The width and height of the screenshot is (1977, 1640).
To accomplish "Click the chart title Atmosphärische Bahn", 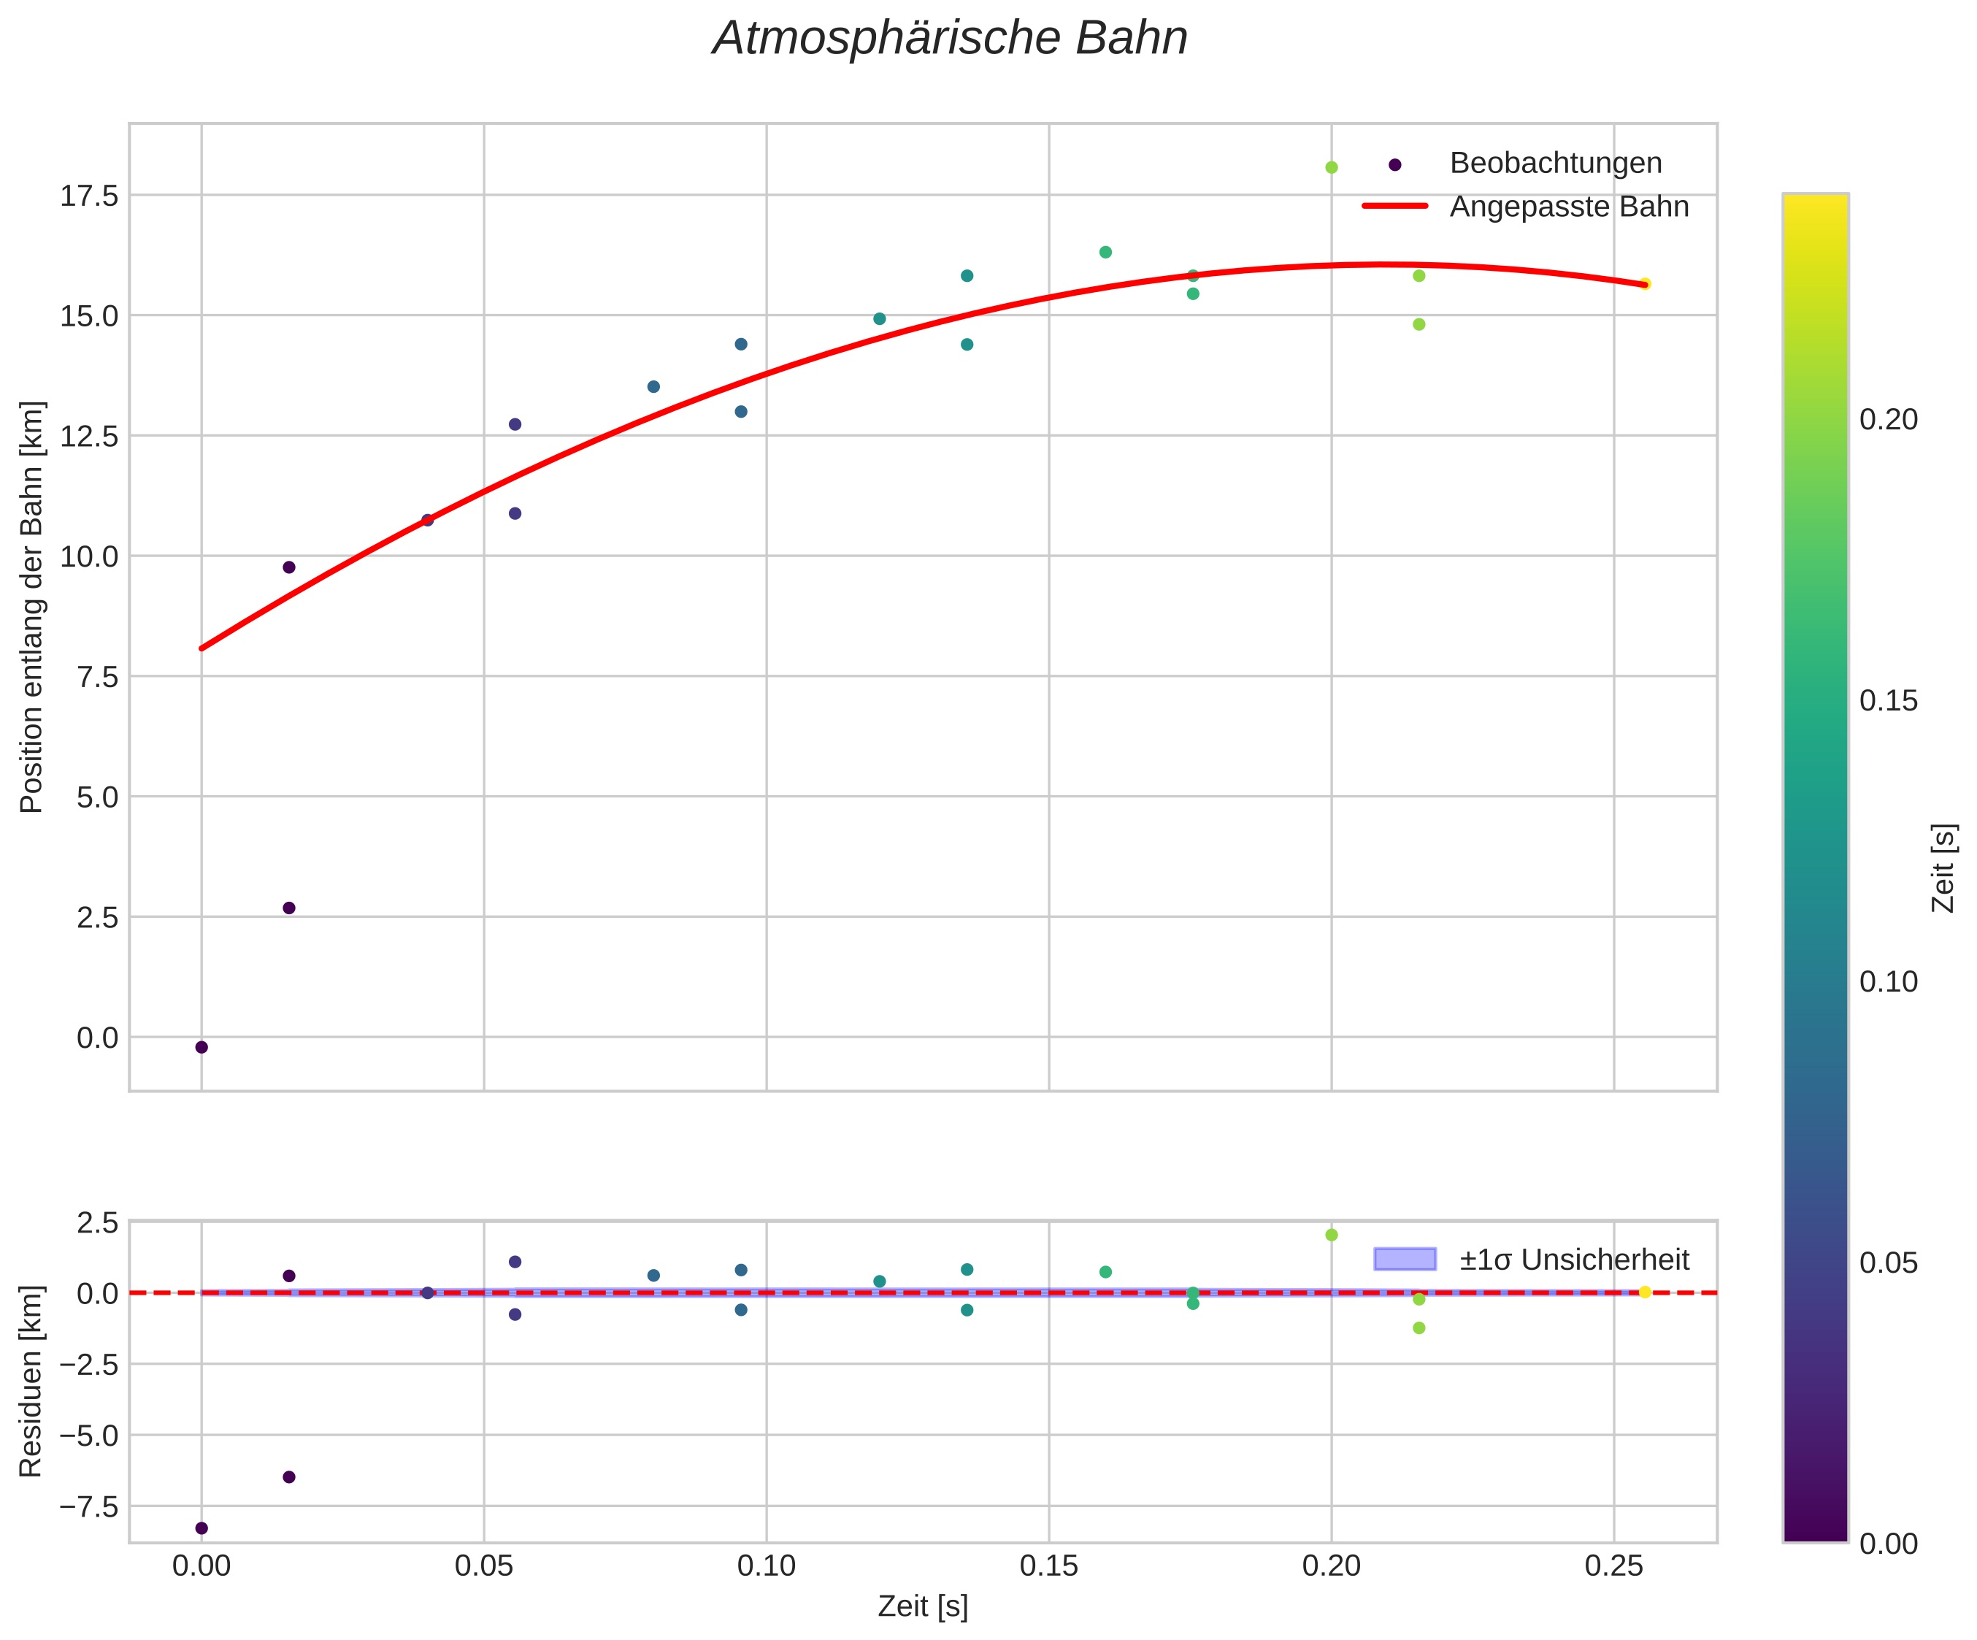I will coord(950,39).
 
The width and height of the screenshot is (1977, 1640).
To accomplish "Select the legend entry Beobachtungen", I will coord(1555,164).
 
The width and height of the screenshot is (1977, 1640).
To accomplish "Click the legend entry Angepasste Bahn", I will coord(1568,207).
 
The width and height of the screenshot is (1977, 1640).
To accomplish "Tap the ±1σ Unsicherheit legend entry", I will coord(1574,1260).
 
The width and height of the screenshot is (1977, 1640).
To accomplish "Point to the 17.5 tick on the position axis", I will coord(90,196).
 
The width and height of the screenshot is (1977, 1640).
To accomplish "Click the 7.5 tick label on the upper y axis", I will coord(97,677).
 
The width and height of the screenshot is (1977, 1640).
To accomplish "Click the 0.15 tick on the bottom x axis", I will coord(1049,1566).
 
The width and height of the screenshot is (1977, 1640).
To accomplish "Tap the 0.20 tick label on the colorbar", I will coord(1889,420).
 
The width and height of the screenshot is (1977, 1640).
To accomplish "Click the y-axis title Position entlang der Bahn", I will coord(32,608).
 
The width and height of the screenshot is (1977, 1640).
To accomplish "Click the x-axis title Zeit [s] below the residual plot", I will coord(923,1607).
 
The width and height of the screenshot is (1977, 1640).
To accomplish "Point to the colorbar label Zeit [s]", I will coord(1943,868).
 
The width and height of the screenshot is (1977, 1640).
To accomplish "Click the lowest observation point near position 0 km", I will coord(201,1048).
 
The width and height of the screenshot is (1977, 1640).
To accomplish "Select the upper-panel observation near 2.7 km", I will coord(289,908).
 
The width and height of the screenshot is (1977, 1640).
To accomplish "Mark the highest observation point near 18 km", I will coord(1331,167).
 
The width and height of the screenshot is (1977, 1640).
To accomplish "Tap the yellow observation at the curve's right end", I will coord(1645,283).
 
